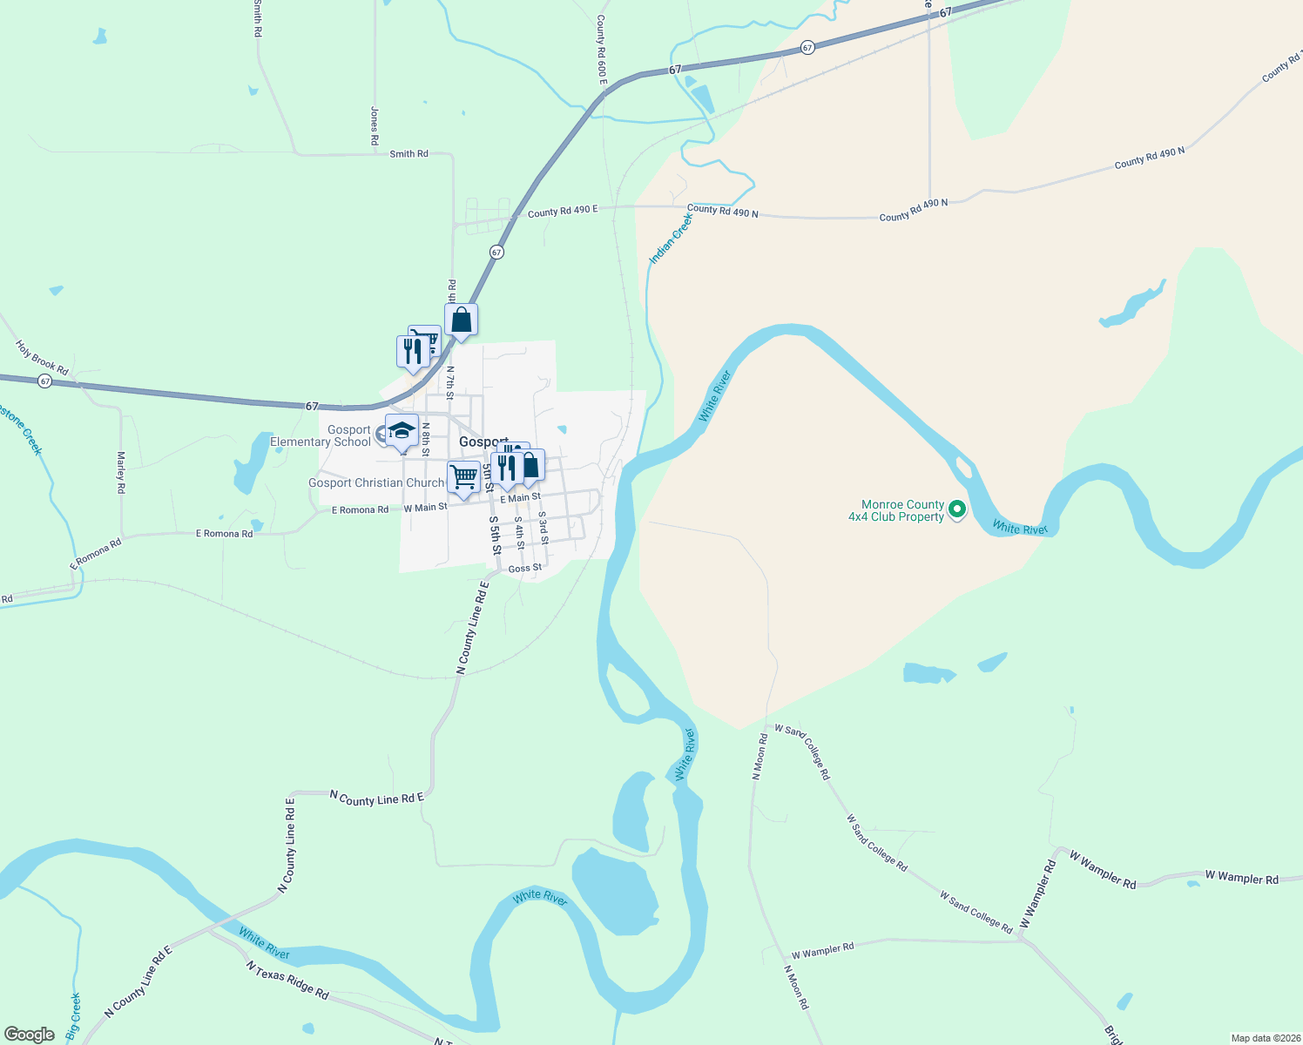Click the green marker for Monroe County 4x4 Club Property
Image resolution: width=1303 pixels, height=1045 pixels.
(957, 509)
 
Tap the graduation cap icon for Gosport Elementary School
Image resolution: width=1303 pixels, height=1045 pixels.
(402, 431)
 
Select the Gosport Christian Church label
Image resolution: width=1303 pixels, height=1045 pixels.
(376, 482)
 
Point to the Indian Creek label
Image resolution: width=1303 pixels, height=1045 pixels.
(671, 239)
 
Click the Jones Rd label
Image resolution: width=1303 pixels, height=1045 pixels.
(375, 126)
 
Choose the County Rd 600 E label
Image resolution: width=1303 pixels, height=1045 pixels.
(601, 50)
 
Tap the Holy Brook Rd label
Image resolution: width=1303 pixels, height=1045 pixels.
(42, 358)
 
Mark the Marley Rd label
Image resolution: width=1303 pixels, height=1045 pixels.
(121, 473)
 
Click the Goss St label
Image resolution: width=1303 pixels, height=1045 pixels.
(524, 569)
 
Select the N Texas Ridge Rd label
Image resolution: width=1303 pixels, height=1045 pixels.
(287, 980)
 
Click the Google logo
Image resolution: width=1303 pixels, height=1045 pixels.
(30, 1035)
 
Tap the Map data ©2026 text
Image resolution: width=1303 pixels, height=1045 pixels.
(1264, 1038)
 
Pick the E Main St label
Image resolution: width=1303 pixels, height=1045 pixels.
(520, 497)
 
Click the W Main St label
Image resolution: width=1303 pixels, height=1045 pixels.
(425, 507)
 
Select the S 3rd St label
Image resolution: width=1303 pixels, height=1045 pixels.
(543, 528)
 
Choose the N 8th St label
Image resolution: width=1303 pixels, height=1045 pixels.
(426, 440)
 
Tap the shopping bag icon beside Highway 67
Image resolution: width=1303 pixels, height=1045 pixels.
(461, 320)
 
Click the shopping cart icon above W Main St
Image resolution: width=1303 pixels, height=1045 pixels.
(463, 477)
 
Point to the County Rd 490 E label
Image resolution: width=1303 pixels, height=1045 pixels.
(563, 211)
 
